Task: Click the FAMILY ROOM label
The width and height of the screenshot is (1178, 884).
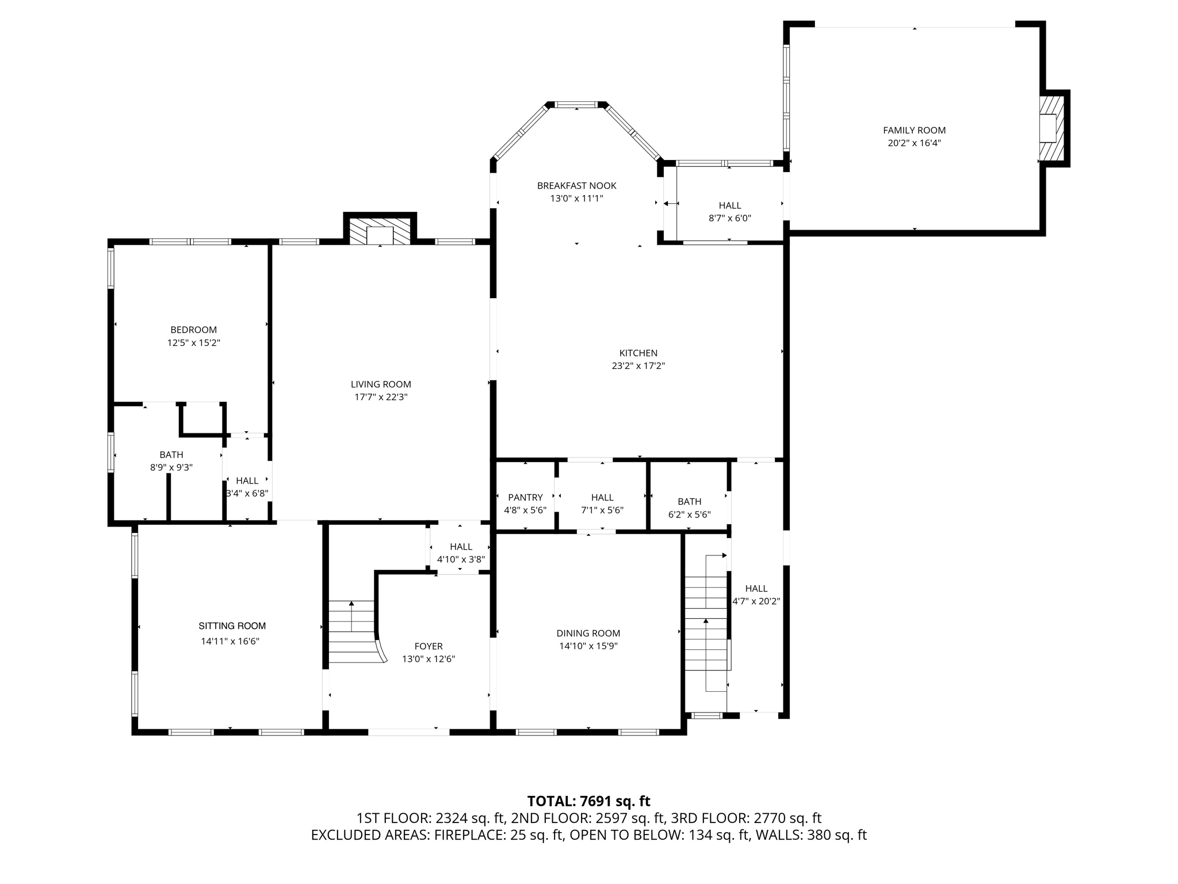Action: click(914, 131)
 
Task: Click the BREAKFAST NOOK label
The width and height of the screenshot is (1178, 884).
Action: click(576, 186)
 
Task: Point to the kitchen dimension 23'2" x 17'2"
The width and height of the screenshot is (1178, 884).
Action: click(638, 366)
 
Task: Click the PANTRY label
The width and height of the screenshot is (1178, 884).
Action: click(525, 498)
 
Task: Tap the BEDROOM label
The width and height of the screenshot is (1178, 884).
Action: click(193, 330)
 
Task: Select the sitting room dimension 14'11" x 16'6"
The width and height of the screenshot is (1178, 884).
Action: click(230, 641)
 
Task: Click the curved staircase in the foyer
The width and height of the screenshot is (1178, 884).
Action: click(354, 633)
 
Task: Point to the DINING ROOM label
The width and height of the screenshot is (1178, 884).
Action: click(588, 634)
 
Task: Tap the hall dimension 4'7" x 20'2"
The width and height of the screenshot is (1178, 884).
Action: click(756, 601)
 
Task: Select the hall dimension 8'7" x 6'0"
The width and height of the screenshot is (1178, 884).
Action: click(729, 219)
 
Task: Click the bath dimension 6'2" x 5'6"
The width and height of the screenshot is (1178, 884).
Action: click(689, 515)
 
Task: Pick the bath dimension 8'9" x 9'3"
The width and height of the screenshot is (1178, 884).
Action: click(171, 468)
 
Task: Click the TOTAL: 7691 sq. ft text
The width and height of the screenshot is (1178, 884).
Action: click(588, 801)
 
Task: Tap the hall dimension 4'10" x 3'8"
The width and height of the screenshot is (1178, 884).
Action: click(461, 559)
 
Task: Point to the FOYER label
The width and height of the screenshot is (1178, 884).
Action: click(429, 646)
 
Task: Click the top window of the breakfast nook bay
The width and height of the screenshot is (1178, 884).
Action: click(576, 105)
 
